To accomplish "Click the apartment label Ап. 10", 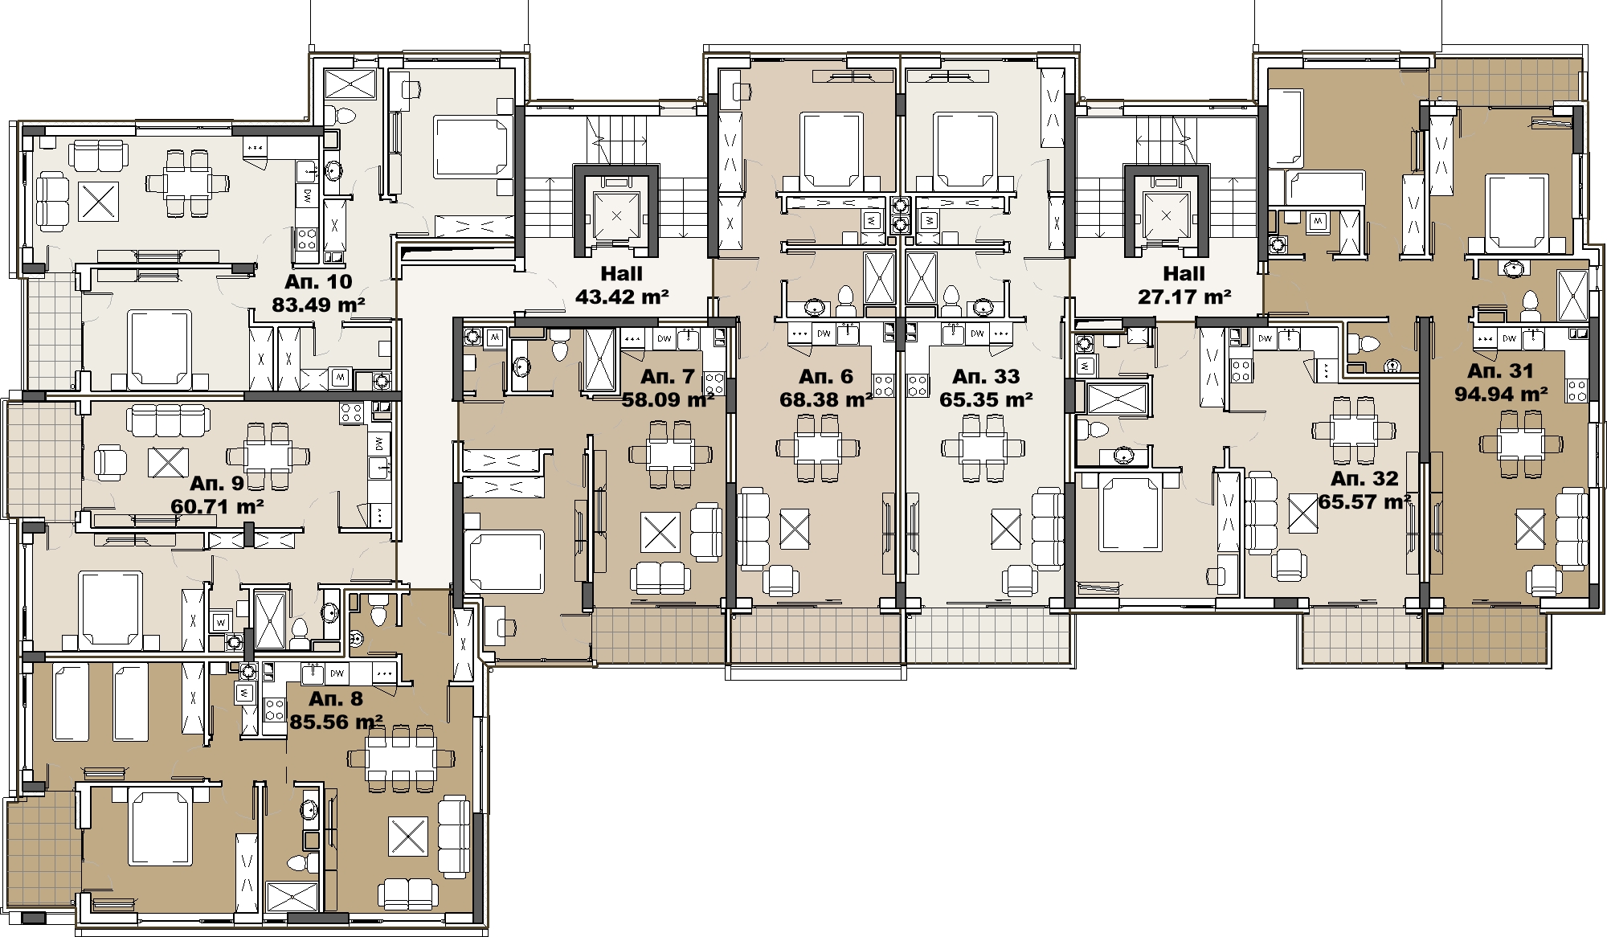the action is pyautogui.click(x=318, y=282).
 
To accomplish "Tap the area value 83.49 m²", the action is pyautogui.click(x=319, y=305).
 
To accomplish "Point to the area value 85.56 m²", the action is pyautogui.click(x=336, y=722).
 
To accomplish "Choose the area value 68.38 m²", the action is pyautogui.click(x=827, y=399).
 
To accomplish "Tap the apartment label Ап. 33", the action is pyautogui.click(x=985, y=377).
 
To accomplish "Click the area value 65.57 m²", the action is pyautogui.click(x=1365, y=502).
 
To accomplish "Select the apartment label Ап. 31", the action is pyautogui.click(x=1500, y=371).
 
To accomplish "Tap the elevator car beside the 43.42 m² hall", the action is pyautogui.click(x=616, y=215).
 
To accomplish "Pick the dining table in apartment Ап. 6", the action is pyautogui.click(x=819, y=448).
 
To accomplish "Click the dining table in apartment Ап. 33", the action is pyautogui.click(x=984, y=448).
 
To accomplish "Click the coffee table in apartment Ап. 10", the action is pyautogui.click(x=99, y=201).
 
